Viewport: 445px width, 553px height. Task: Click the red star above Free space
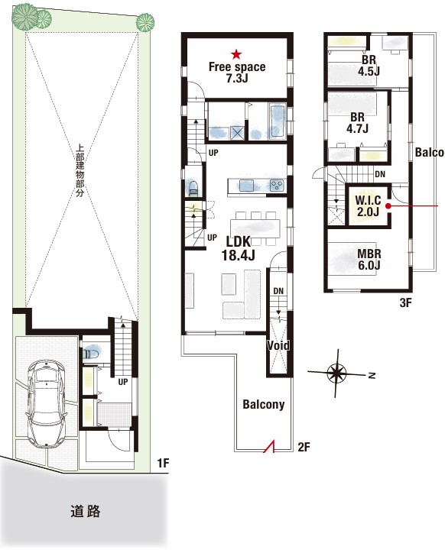pyautogui.click(x=236, y=54)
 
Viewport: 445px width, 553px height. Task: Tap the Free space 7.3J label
pyautogui.click(x=237, y=73)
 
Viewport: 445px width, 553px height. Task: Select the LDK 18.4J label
pyautogui.click(x=239, y=248)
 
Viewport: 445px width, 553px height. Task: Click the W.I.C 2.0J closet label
pyautogui.click(x=368, y=206)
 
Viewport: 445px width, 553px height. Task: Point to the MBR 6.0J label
pyautogui.click(x=369, y=259)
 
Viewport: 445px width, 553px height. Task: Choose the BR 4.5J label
pyautogui.click(x=369, y=66)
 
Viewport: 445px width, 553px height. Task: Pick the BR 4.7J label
pyautogui.click(x=357, y=122)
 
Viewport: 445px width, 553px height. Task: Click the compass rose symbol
pyautogui.click(x=336, y=374)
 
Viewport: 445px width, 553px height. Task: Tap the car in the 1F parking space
pyautogui.click(x=46, y=404)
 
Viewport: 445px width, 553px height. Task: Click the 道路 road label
pyautogui.click(x=85, y=511)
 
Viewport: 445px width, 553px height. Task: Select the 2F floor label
pyautogui.click(x=304, y=447)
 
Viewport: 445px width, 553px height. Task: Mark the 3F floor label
pyautogui.click(x=406, y=302)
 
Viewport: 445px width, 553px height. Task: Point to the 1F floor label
pyautogui.click(x=163, y=463)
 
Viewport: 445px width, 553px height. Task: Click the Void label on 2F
pyautogui.click(x=278, y=345)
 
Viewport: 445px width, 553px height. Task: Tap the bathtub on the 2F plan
pyautogui.click(x=278, y=121)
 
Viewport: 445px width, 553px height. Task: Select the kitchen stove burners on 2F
pyautogui.click(x=277, y=185)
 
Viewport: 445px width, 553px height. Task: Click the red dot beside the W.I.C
pyautogui.click(x=388, y=206)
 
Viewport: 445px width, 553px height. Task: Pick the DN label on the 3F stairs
pyautogui.click(x=380, y=174)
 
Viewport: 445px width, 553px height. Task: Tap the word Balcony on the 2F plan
pyautogui.click(x=264, y=405)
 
